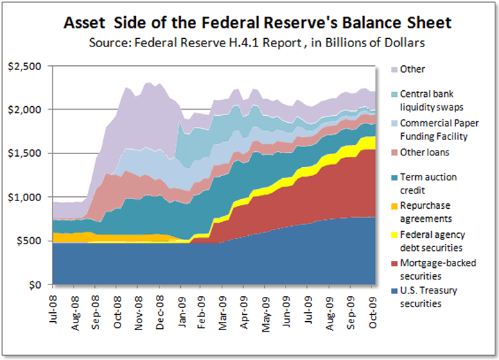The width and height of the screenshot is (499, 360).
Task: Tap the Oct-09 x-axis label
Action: click(x=373, y=306)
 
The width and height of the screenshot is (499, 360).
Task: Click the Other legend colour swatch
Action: click(x=392, y=69)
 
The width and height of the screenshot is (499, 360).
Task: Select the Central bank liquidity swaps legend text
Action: click(x=434, y=101)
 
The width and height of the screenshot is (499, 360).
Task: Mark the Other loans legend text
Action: click(x=423, y=151)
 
